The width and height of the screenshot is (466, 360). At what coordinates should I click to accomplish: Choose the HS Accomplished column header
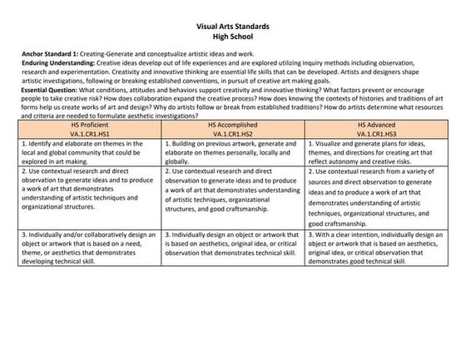pos(232,123)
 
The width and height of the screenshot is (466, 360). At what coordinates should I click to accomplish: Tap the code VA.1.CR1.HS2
pos(232,132)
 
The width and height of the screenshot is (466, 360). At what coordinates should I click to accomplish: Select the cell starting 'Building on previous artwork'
pos(232,152)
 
